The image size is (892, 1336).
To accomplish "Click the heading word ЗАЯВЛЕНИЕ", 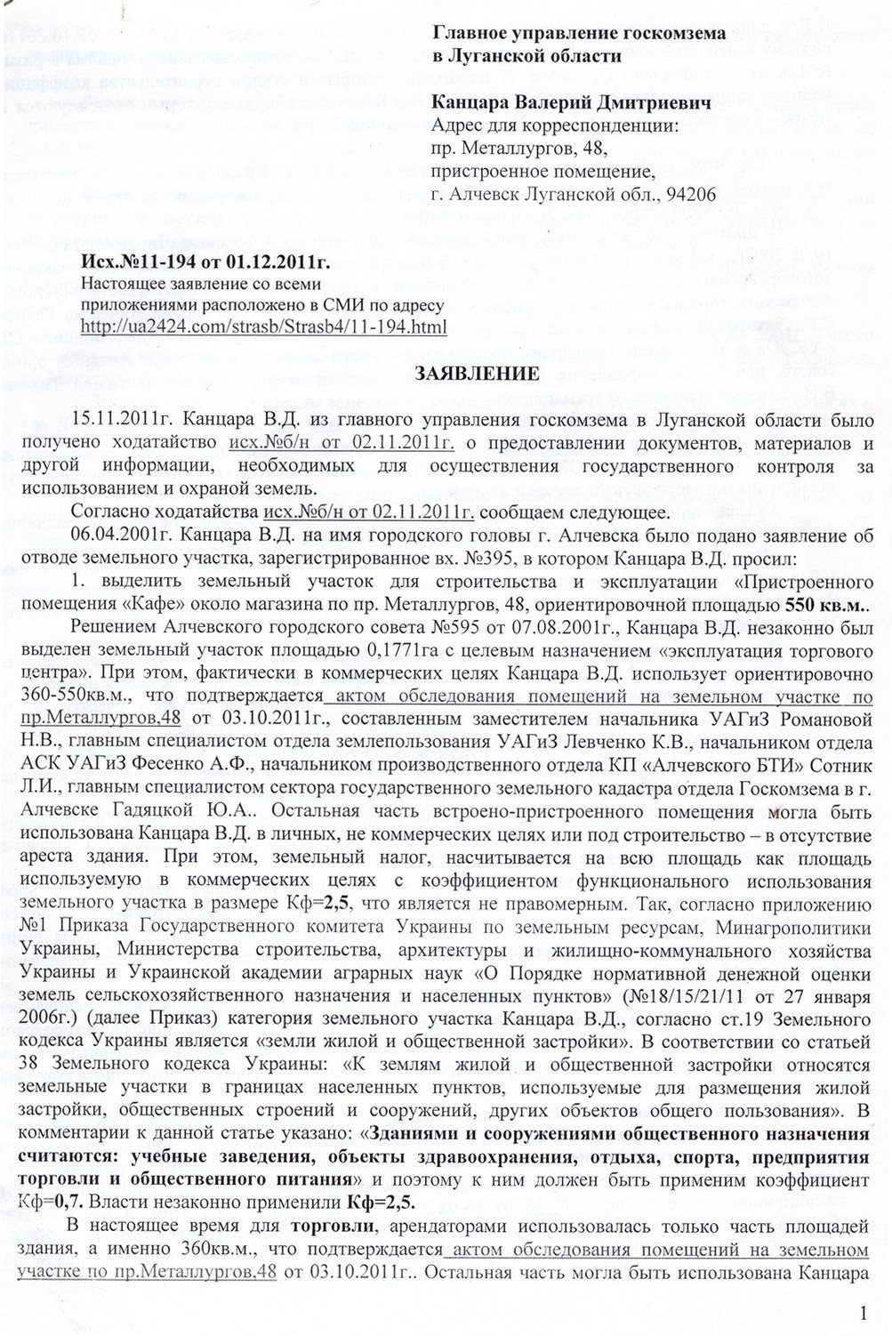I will click(477, 374).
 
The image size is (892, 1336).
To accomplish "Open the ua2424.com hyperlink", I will click(262, 326).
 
